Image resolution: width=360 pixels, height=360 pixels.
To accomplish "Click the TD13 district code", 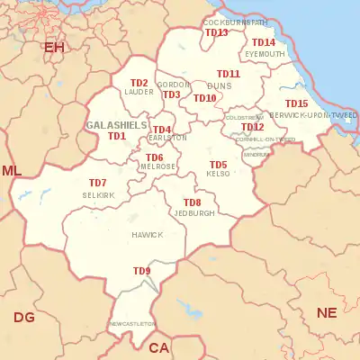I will (216, 32).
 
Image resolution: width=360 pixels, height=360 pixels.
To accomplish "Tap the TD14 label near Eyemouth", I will (264, 42).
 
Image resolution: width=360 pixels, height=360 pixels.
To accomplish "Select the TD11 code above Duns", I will (228, 74).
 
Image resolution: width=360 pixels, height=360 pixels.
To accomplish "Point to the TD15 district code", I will (296, 103).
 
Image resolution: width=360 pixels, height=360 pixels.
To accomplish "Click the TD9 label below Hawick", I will (142, 271).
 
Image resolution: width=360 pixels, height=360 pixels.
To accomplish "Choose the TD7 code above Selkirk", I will (97, 183).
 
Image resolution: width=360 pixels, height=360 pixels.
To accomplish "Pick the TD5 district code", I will (218, 165).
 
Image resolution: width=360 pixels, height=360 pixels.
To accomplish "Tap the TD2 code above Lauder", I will (139, 83).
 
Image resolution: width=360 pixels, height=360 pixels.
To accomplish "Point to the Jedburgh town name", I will (194, 213).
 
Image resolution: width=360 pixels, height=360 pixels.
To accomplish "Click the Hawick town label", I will (148, 235).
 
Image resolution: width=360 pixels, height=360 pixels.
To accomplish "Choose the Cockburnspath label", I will (235, 21).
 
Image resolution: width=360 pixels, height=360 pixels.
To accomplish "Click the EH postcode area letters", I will (54, 46).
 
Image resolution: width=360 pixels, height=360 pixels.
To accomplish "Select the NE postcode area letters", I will (327, 312).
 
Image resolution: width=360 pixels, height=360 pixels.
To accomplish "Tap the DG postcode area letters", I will (24, 317).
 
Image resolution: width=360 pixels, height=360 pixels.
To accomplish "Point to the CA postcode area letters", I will (159, 347).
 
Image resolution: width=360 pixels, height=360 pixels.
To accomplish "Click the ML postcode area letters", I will (12, 171).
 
